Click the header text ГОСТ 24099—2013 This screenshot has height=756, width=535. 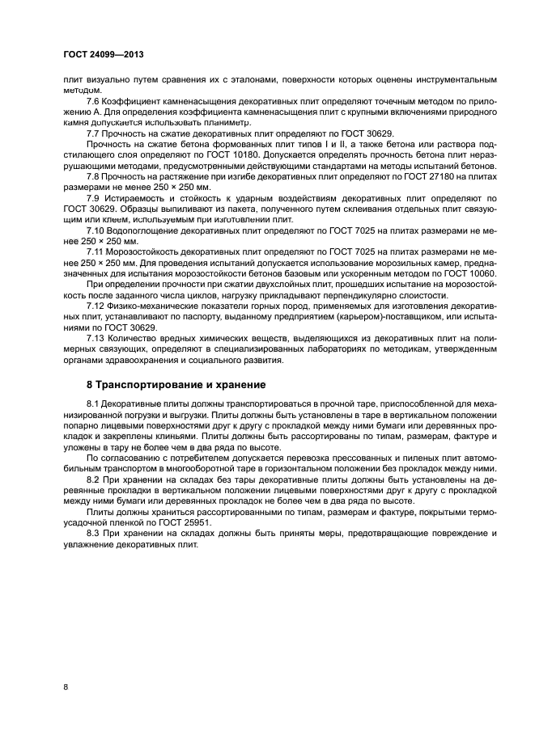(x=108, y=55)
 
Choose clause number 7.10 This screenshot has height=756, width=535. (x=97, y=230)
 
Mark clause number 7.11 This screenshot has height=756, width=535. (x=97, y=252)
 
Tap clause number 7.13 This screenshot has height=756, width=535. (x=97, y=339)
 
